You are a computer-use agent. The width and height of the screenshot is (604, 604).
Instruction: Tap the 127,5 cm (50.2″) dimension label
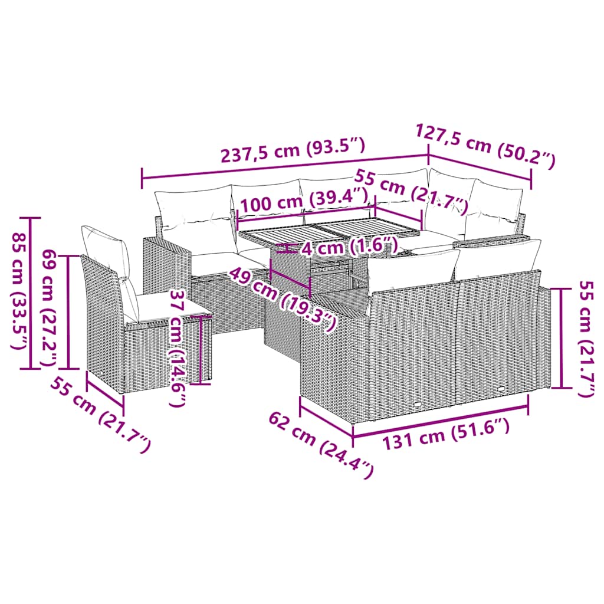point(486,146)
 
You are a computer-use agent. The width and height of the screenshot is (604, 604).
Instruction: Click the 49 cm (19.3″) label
point(282,300)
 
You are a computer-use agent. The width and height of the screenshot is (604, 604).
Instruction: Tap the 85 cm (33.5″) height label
point(19,291)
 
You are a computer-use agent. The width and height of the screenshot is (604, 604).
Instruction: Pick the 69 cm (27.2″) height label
point(50,307)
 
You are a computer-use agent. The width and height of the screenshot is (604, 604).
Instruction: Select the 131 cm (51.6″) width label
point(446,434)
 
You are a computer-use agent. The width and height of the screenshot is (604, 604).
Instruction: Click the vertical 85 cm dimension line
point(30,293)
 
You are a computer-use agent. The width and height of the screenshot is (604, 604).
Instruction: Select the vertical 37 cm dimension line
point(201,349)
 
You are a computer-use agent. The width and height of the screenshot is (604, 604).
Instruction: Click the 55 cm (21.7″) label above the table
point(411,192)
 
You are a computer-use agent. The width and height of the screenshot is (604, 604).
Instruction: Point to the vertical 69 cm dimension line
point(68,312)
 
